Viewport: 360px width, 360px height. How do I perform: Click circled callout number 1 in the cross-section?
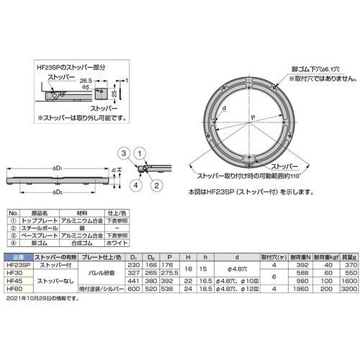[x=140, y=152]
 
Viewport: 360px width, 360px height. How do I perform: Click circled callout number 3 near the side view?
[x=124, y=152]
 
